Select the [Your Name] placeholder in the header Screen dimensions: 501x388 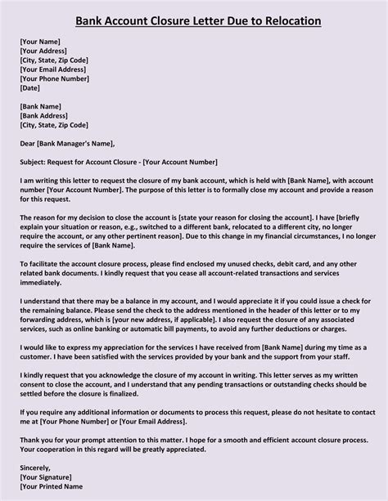[x=42, y=39]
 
